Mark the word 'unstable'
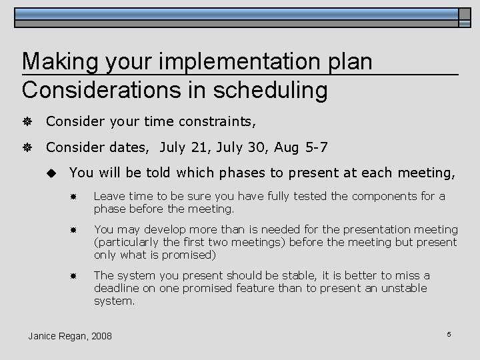[x=404, y=288]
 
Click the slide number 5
[x=449, y=334]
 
